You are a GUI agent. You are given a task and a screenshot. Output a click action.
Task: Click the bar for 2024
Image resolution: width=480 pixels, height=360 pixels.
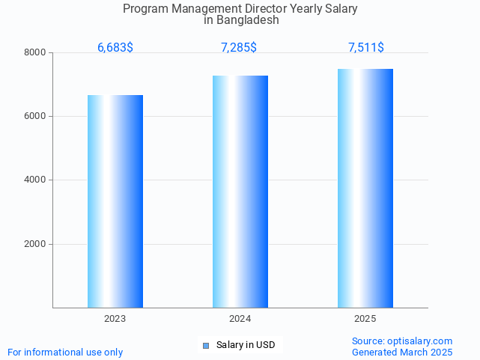click(240, 191)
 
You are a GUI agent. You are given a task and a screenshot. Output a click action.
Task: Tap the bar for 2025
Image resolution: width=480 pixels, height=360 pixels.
click(365, 188)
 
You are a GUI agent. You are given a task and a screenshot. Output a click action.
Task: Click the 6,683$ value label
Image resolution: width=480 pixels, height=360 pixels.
click(115, 48)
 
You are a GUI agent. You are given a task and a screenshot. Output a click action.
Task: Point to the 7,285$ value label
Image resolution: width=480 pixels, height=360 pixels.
click(239, 48)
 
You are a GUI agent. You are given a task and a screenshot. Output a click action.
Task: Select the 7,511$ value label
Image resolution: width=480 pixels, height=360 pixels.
click(366, 48)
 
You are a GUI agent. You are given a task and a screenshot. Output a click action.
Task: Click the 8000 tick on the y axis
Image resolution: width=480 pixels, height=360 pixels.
click(35, 52)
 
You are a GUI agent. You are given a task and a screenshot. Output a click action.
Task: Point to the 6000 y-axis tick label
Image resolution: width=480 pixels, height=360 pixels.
click(35, 117)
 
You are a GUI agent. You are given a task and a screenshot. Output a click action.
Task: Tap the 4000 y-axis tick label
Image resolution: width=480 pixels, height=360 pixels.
click(35, 180)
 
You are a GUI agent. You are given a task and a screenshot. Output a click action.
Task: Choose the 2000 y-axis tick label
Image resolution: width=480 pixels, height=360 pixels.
click(35, 244)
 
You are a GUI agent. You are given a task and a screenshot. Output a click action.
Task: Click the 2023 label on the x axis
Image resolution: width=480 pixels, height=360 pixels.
click(115, 319)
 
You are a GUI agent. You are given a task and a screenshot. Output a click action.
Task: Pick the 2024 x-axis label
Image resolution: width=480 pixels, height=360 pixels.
click(240, 319)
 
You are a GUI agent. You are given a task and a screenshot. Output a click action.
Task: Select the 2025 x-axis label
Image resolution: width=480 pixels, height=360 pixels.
click(365, 319)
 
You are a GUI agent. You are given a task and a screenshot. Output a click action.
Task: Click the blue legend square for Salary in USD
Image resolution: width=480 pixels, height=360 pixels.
click(207, 345)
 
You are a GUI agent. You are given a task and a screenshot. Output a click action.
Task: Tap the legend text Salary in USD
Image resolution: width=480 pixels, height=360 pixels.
click(246, 345)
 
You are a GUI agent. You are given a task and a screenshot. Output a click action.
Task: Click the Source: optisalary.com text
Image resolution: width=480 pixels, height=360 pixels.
click(402, 341)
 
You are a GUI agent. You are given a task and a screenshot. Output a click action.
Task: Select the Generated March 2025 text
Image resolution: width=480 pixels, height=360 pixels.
click(402, 352)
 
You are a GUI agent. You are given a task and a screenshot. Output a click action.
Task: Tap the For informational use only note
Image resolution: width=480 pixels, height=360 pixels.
click(65, 352)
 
